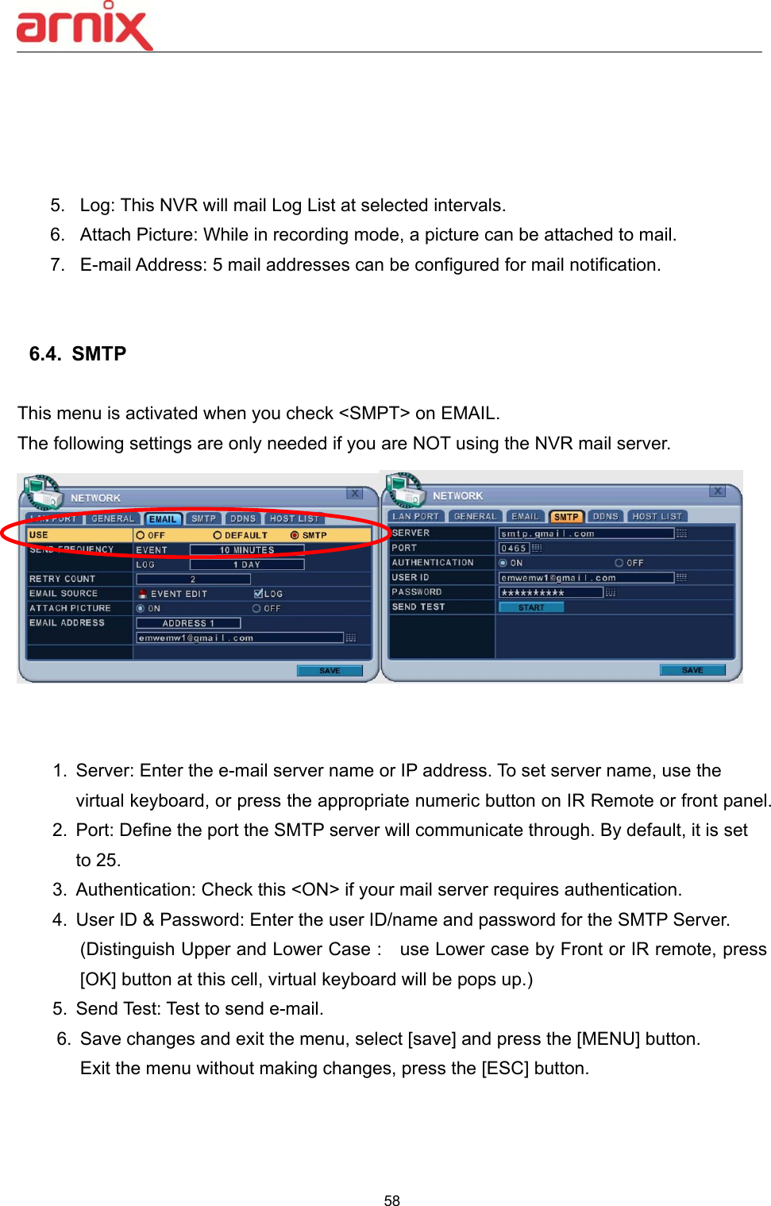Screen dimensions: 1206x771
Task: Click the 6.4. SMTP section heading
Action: pyautogui.click(x=78, y=354)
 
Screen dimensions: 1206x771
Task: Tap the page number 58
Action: pyautogui.click(x=391, y=1200)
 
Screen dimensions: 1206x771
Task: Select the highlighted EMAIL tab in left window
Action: pyautogui.click(x=163, y=519)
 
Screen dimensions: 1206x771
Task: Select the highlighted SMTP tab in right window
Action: pyautogui.click(x=566, y=517)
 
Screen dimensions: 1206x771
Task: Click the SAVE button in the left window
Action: pyautogui.click(x=330, y=671)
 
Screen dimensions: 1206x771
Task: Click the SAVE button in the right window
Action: pyautogui.click(x=692, y=670)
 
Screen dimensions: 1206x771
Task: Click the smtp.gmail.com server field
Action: pyautogui.click(x=585, y=534)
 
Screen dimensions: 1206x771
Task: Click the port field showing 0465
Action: pyautogui.click(x=514, y=549)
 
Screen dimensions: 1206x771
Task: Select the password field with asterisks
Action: pyautogui.click(x=550, y=592)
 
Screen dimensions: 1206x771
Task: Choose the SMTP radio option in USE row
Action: pyautogui.click(x=295, y=535)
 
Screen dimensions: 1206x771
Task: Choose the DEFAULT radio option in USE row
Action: pyautogui.click(x=218, y=535)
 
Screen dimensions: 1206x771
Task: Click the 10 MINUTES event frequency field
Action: pyautogui.click(x=246, y=549)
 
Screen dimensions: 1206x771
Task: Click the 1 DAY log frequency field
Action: pyautogui.click(x=246, y=564)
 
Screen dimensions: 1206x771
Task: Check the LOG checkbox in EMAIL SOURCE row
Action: pyautogui.click(x=258, y=594)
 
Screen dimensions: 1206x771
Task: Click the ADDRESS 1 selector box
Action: pyautogui.click(x=188, y=623)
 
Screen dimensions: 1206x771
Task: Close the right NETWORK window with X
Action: pyautogui.click(x=717, y=491)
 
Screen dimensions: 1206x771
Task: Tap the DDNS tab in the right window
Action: pyautogui.click(x=605, y=517)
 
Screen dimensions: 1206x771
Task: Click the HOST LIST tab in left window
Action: pyautogui.click(x=294, y=519)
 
